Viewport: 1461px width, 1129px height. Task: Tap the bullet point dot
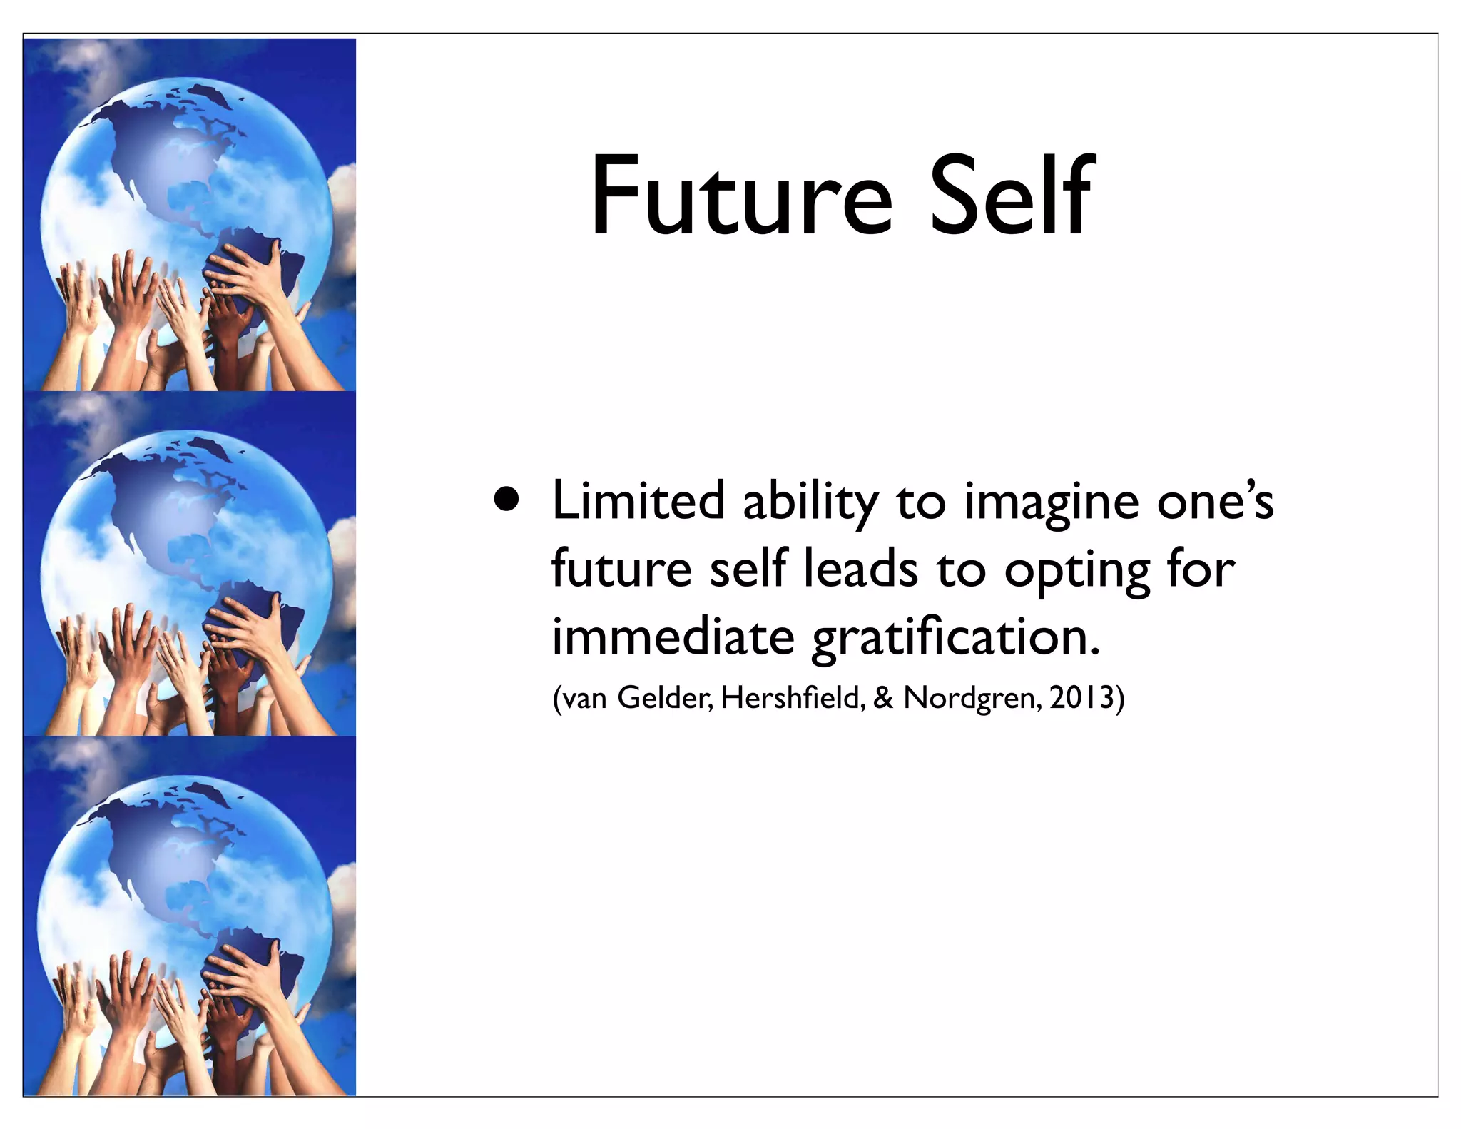click(x=506, y=500)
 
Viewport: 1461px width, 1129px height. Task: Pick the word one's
click(x=1215, y=502)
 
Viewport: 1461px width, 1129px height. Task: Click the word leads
click(x=860, y=569)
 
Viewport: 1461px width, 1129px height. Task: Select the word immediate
click(x=673, y=637)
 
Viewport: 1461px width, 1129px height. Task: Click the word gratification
click(x=955, y=638)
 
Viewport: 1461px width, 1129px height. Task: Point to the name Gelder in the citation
click(x=664, y=697)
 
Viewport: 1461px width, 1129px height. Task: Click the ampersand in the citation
click(x=883, y=697)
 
